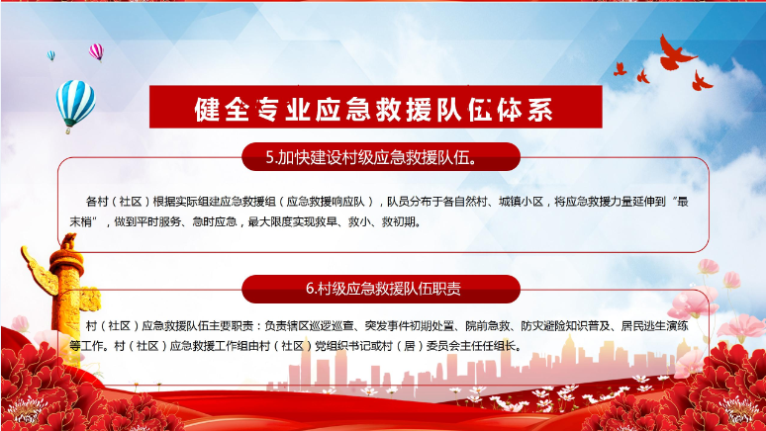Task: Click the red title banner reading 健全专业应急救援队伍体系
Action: pos(376,107)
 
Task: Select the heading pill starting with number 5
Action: pos(381,157)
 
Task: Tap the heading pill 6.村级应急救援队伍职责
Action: pos(381,289)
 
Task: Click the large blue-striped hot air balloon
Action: pos(75,105)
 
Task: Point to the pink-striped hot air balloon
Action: pos(96,51)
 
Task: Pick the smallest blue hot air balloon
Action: pos(50,55)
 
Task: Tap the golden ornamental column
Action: pos(65,293)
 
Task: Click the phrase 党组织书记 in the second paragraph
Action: pos(343,346)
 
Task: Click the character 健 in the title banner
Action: pos(207,109)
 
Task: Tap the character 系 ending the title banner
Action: pos(539,109)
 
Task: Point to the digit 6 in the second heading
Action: pos(309,289)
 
